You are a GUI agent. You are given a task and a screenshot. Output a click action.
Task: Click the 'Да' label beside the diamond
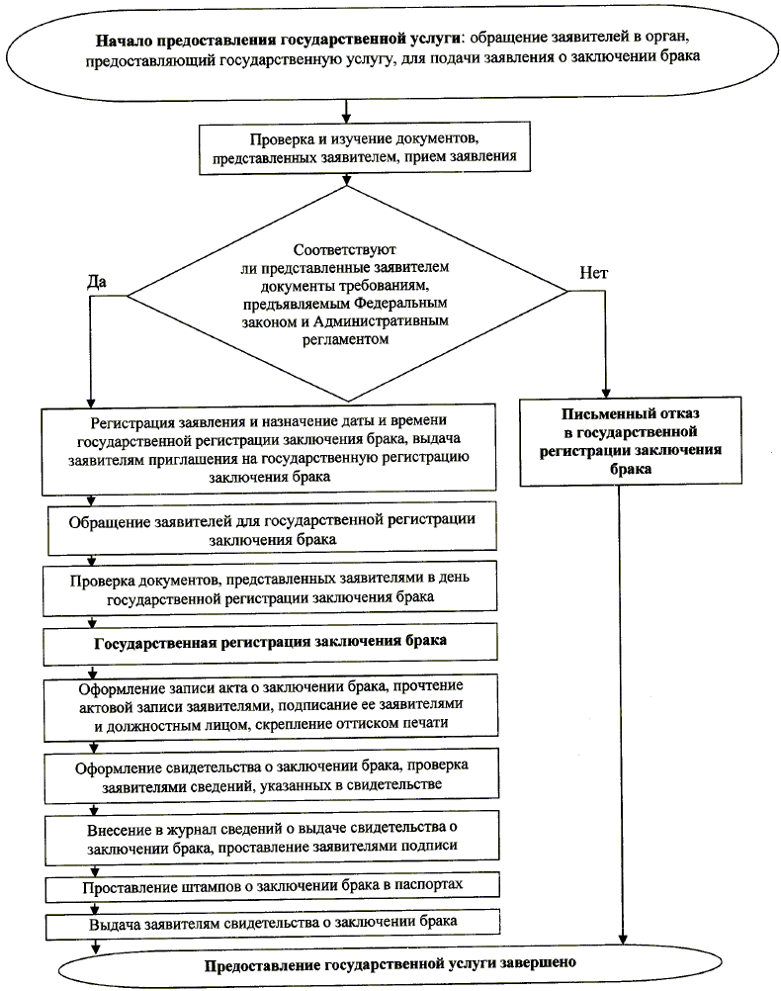97,280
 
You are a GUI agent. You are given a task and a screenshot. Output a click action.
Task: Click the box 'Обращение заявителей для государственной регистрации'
272,530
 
